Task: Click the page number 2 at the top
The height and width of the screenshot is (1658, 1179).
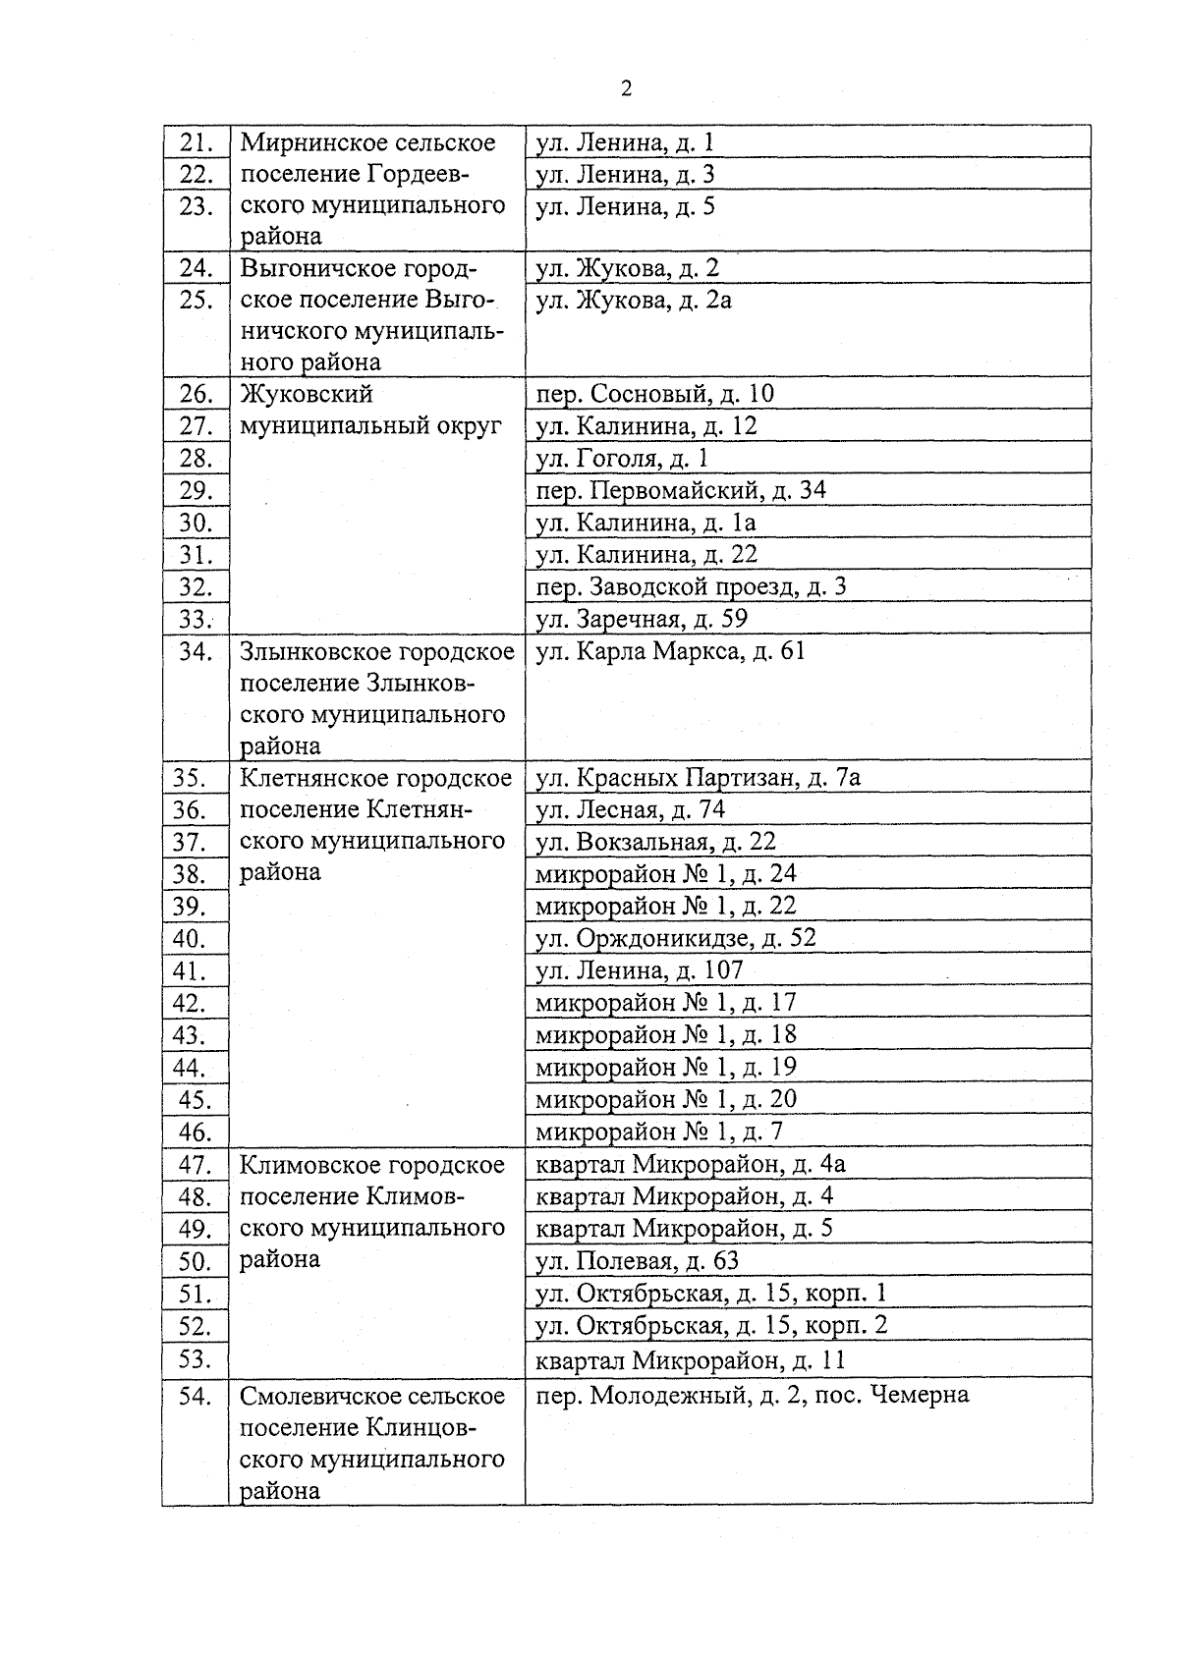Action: pyautogui.click(x=627, y=89)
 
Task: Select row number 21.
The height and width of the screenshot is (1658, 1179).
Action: pyautogui.click(x=196, y=143)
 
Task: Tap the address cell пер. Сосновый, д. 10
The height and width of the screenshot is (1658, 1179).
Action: pyautogui.click(x=654, y=395)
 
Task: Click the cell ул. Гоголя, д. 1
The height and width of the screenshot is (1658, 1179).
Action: pyautogui.click(x=621, y=459)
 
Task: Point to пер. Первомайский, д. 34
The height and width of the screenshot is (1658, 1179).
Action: pyautogui.click(x=680, y=490)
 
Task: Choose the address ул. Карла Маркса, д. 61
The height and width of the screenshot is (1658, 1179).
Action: pyautogui.click(x=670, y=651)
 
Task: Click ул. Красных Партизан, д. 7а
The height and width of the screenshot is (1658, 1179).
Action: pyautogui.click(x=698, y=778)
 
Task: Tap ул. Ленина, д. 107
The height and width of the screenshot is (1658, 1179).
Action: pyautogui.click(x=639, y=971)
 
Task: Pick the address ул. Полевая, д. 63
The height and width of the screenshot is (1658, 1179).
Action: pyautogui.click(x=637, y=1261)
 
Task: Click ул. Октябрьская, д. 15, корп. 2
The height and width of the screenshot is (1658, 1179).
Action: pyautogui.click(x=711, y=1326)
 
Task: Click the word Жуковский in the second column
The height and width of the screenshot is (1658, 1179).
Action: pyautogui.click(x=307, y=395)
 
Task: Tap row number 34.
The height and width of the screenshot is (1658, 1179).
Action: pyautogui.click(x=196, y=651)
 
